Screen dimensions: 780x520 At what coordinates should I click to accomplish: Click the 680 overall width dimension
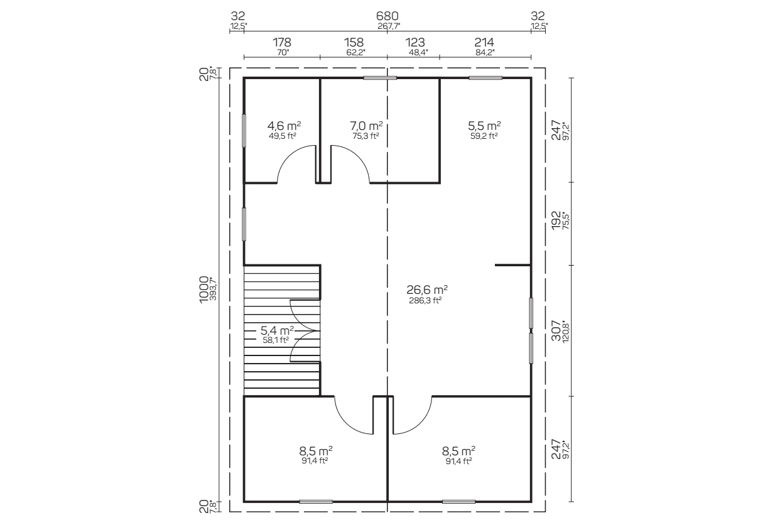[x=387, y=16]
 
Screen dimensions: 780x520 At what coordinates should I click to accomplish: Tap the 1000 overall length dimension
[x=204, y=290]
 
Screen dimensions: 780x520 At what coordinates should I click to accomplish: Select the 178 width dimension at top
[x=282, y=43]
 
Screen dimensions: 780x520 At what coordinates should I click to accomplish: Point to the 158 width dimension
[x=354, y=43]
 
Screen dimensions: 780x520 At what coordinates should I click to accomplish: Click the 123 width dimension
[x=415, y=43]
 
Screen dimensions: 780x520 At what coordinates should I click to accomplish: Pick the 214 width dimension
[x=484, y=43]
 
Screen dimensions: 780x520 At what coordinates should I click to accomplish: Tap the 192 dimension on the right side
[x=556, y=220]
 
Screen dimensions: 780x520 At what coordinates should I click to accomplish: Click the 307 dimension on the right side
[x=556, y=330]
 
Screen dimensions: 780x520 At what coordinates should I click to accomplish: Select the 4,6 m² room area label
[x=284, y=126]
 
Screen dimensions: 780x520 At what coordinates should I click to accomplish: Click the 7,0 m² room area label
[x=366, y=126]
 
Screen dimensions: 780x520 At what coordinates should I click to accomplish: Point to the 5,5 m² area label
[x=484, y=126]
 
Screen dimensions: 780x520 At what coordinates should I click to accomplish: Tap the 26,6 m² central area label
[x=427, y=290]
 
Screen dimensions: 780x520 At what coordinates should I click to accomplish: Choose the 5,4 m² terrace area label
[x=277, y=330]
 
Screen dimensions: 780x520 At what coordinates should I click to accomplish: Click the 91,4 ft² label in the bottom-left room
[x=315, y=460]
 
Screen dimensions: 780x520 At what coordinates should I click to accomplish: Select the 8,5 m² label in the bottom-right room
[x=458, y=451]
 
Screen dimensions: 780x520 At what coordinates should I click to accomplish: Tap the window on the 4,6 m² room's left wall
[x=244, y=131]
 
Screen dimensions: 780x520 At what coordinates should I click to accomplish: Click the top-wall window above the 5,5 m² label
[x=485, y=78]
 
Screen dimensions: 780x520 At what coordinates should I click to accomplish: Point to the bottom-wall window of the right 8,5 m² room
[x=459, y=502]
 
